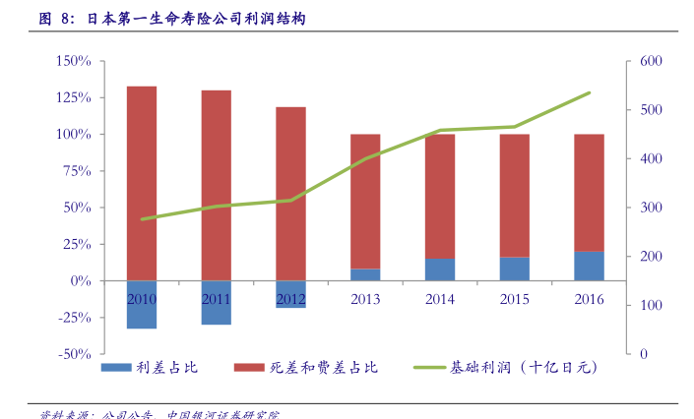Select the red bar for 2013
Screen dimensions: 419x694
[365, 201]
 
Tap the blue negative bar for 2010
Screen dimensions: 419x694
[142, 313]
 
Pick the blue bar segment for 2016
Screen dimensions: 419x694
[589, 266]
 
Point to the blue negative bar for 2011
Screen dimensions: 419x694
[217, 311]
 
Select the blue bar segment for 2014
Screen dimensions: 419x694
[440, 269]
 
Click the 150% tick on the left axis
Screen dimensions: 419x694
[74, 61]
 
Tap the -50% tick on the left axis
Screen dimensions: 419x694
[74, 354]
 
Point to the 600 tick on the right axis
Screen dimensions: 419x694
[652, 61]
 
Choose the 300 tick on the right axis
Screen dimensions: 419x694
[652, 208]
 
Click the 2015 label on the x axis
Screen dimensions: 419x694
[514, 299]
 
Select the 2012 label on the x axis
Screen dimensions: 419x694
[290, 299]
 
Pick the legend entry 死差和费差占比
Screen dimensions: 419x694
[306, 368]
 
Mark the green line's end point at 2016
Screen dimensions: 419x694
[589, 92]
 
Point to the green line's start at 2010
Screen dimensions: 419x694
[142, 219]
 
